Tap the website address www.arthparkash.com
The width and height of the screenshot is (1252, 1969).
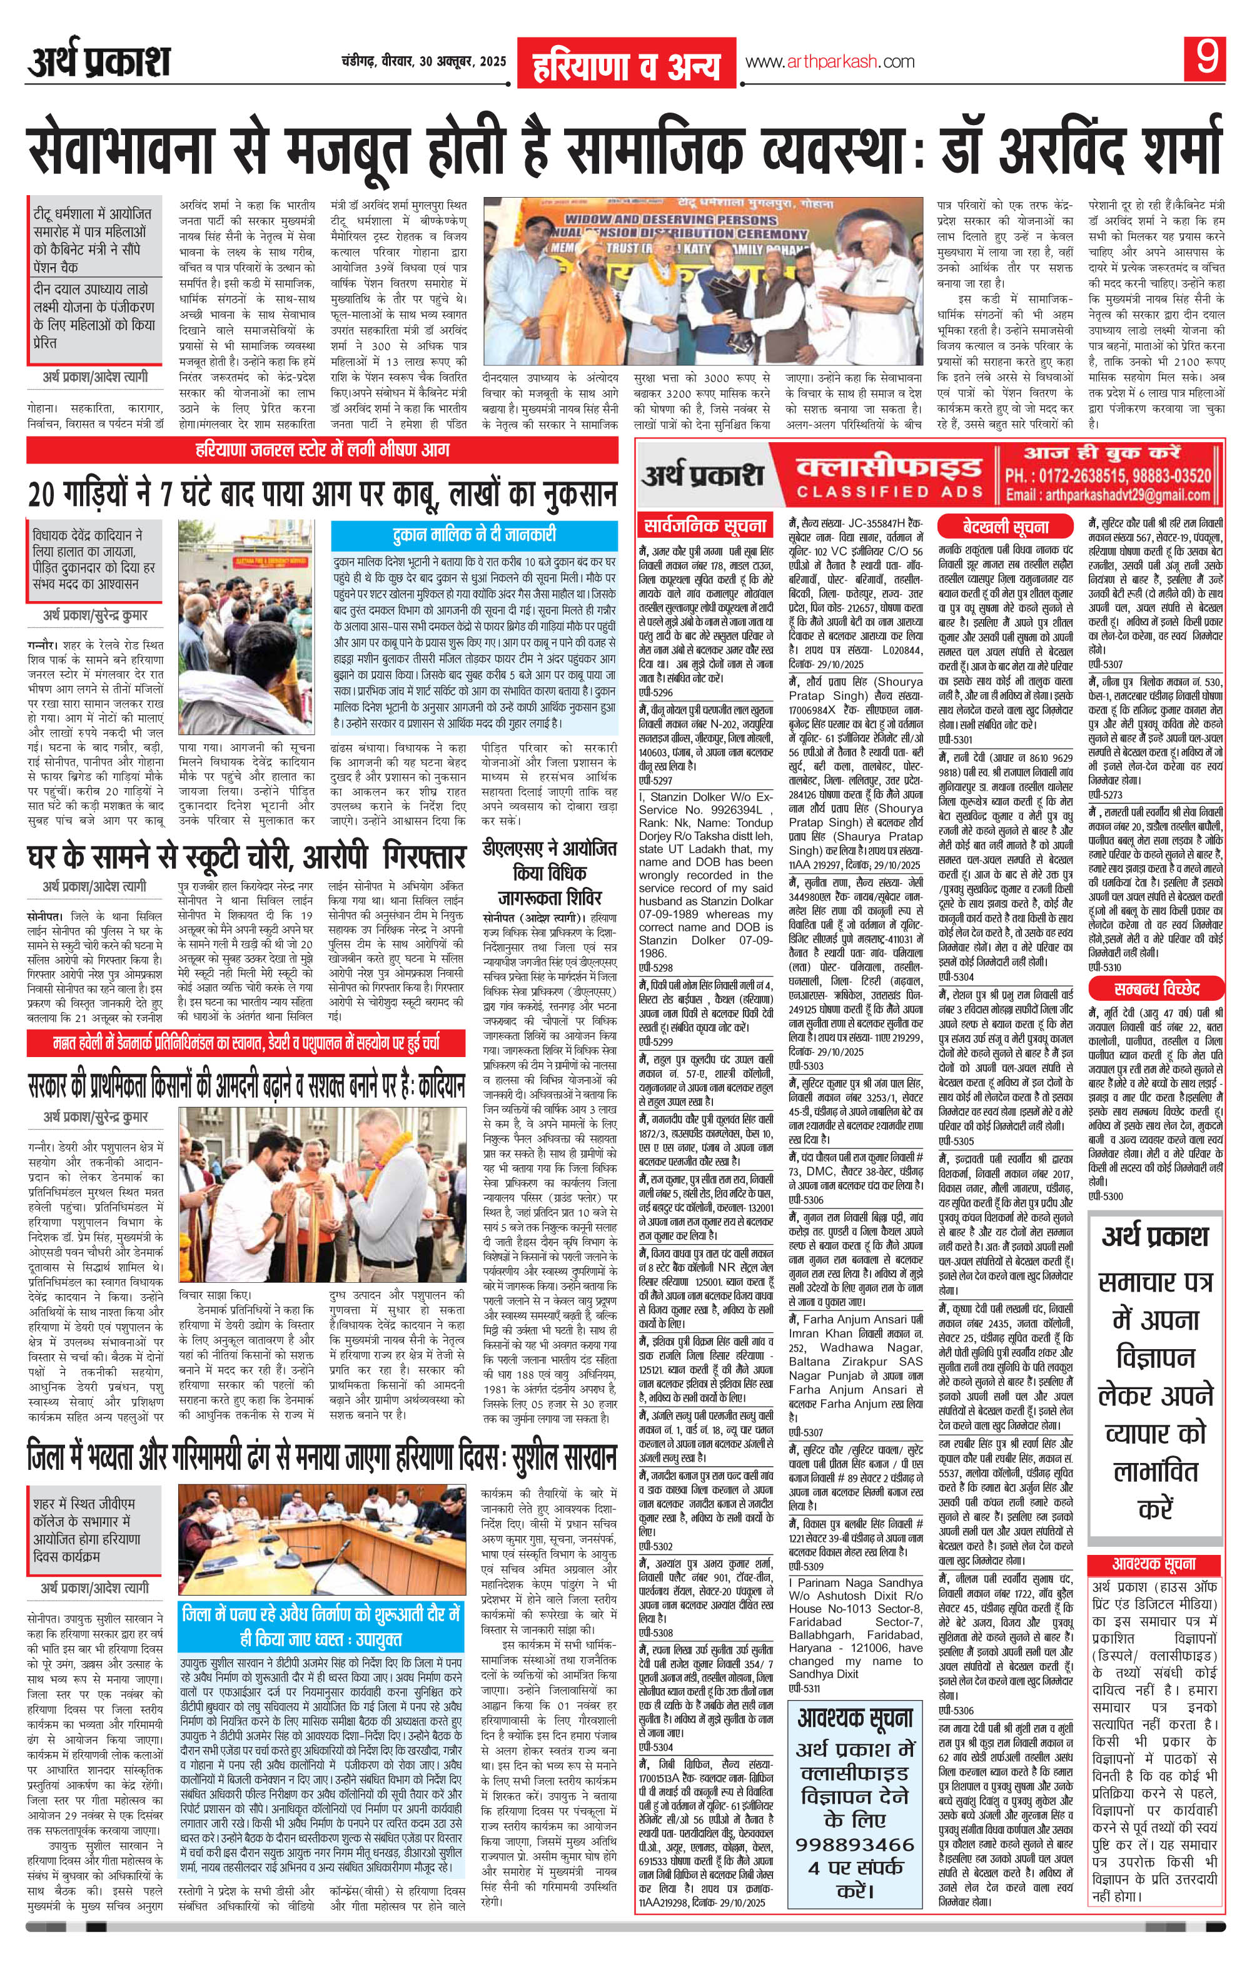(x=829, y=62)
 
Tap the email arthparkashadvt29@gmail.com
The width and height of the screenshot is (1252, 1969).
(x=1108, y=495)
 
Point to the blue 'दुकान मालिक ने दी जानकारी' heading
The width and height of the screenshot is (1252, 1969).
(x=474, y=535)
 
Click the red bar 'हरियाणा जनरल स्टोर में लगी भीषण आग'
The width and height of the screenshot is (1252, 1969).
(x=322, y=450)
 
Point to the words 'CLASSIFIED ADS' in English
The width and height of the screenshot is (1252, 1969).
(x=889, y=492)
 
